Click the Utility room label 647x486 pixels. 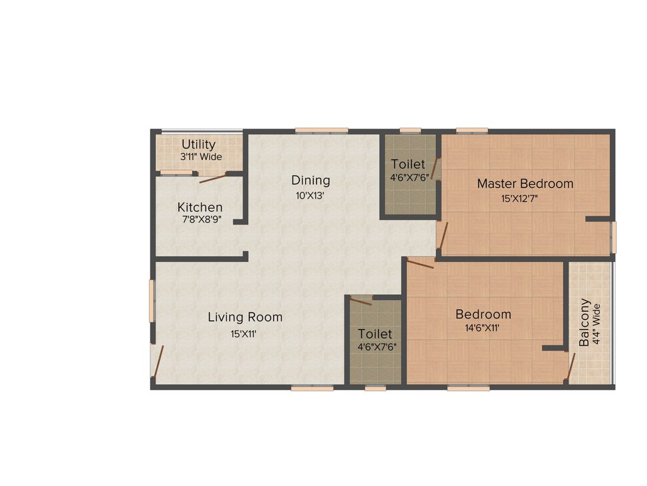[x=198, y=145]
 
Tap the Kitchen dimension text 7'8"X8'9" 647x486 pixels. [x=200, y=219]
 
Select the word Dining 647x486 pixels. [x=310, y=180]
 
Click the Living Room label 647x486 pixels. [x=245, y=317]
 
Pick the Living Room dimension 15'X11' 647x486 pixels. [x=243, y=334]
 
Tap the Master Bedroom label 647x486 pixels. [x=525, y=184]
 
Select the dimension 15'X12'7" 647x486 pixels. [x=520, y=199]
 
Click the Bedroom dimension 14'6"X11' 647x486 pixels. [x=484, y=328]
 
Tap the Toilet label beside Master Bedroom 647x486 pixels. [x=408, y=165]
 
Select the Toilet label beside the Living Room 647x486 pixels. [x=375, y=333]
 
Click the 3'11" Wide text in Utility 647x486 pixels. [x=202, y=156]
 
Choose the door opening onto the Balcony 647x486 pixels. [x=571, y=366]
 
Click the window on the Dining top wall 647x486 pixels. [x=322, y=131]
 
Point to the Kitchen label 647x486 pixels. [x=200, y=207]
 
